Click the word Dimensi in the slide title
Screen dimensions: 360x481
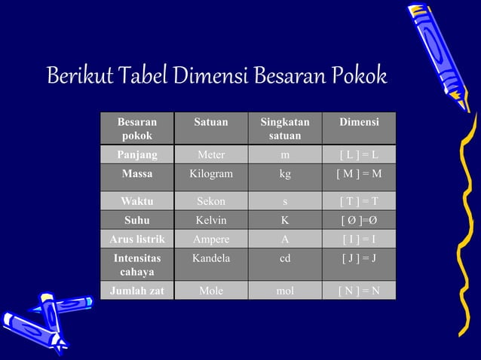pos(211,77)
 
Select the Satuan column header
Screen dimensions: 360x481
pos(210,122)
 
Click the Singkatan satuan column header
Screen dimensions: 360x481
pos(284,128)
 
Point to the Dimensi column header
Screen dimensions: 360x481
pos(359,122)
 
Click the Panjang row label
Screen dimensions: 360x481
pos(137,155)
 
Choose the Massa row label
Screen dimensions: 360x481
pos(137,174)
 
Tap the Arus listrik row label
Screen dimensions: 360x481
pos(137,239)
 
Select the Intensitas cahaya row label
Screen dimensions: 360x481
pos(137,264)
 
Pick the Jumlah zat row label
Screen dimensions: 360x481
pos(137,290)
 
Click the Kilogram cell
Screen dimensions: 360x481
pos(210,174)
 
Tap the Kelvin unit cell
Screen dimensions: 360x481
pos(210,221)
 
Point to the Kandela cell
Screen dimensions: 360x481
pos(210,258)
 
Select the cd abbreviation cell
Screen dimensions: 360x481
pos(284,258)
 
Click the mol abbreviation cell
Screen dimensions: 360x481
pos(284,290)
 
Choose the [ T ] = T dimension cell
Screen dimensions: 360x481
pos(359,201)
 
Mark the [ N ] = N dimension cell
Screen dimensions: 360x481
pos(359,290)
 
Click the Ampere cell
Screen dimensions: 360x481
pos(210,239)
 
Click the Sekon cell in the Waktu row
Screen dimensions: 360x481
pos(210,201)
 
